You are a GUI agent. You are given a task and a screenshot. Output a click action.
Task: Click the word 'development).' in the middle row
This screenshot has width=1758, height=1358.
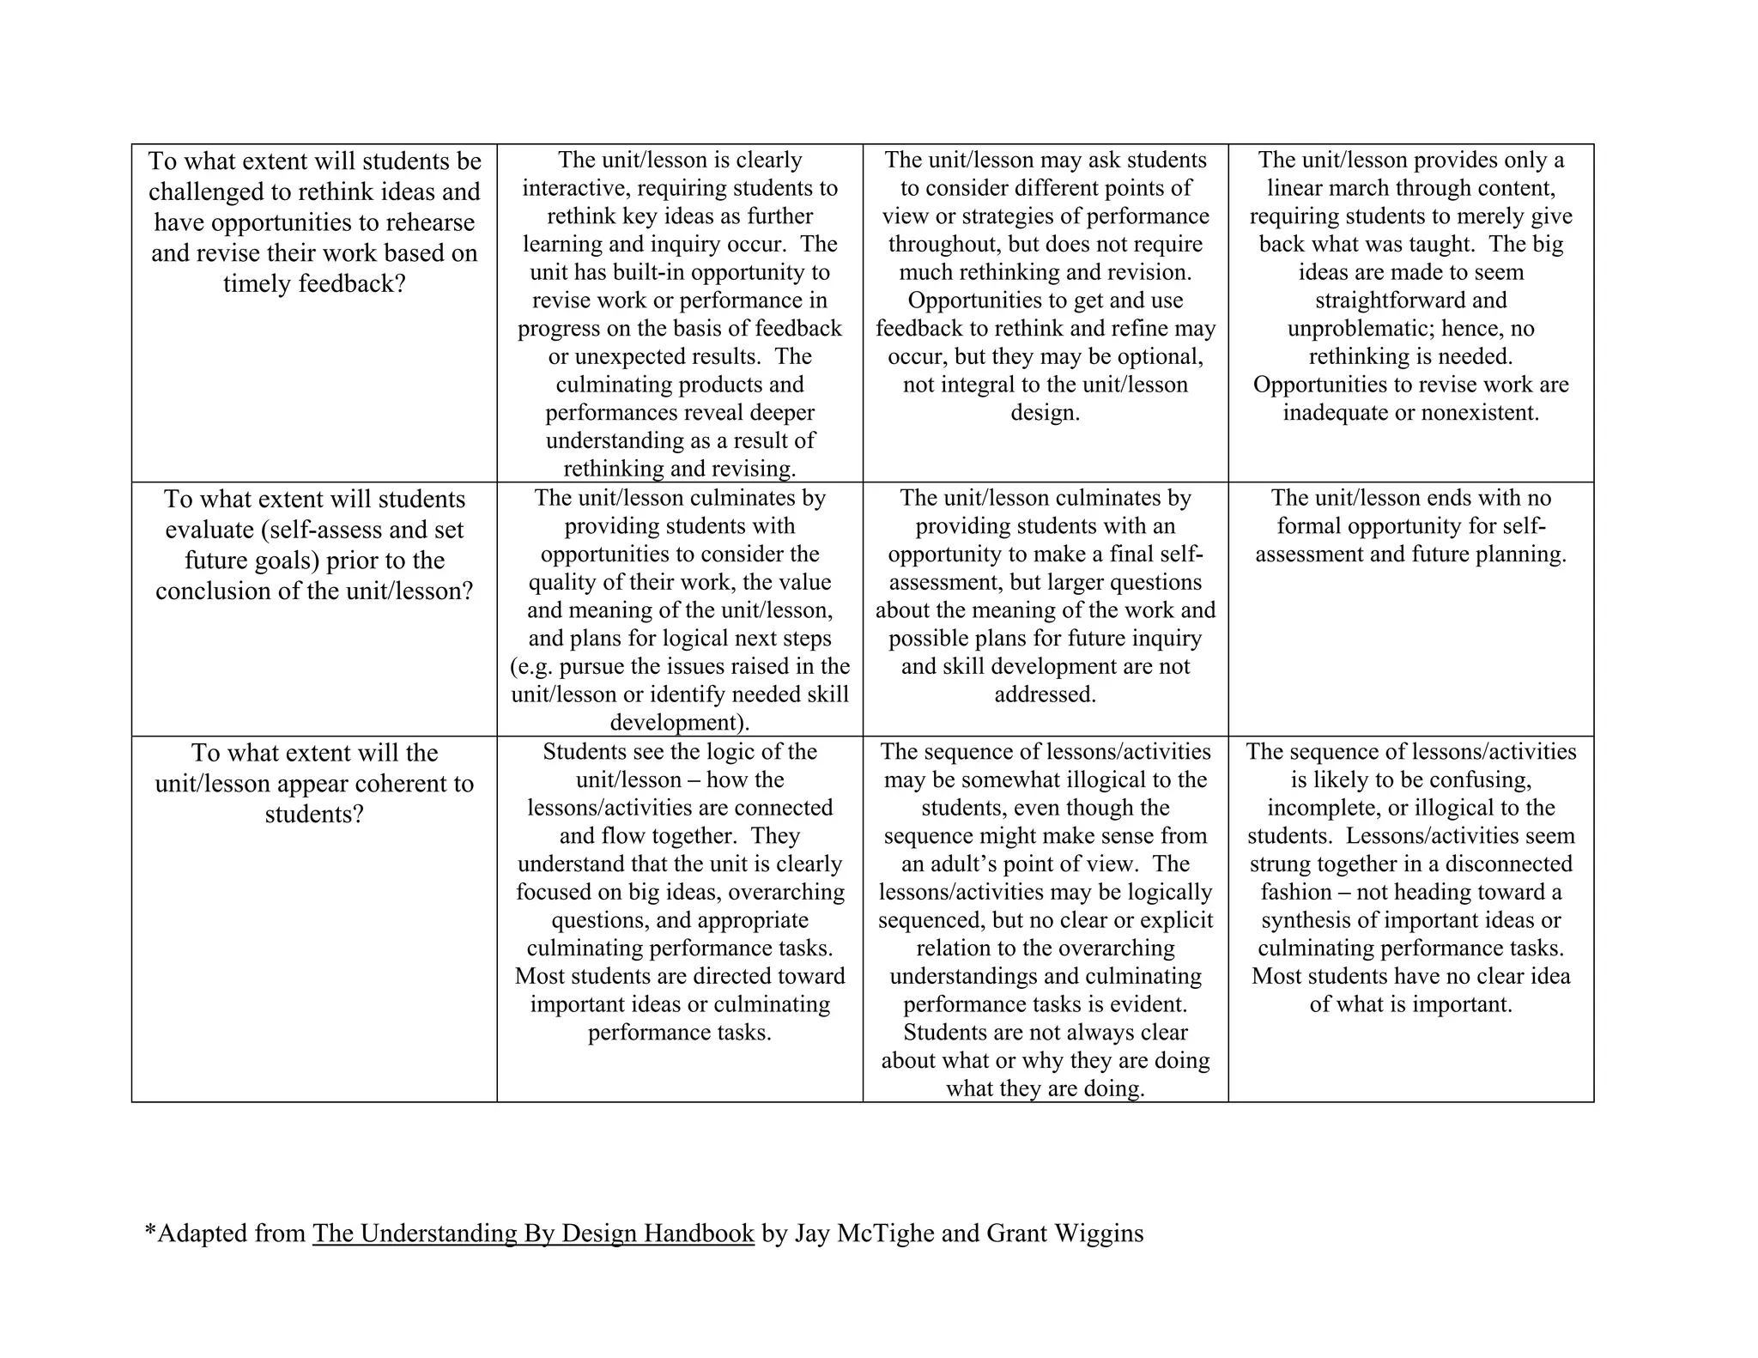click(680, 723)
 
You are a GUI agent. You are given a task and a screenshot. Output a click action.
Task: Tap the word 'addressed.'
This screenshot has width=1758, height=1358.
click(1045, 694)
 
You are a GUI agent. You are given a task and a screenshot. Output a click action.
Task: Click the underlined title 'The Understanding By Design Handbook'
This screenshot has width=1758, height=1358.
click(533, 1234)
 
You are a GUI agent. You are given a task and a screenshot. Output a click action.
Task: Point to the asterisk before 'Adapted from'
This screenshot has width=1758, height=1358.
click(150, 1231)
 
